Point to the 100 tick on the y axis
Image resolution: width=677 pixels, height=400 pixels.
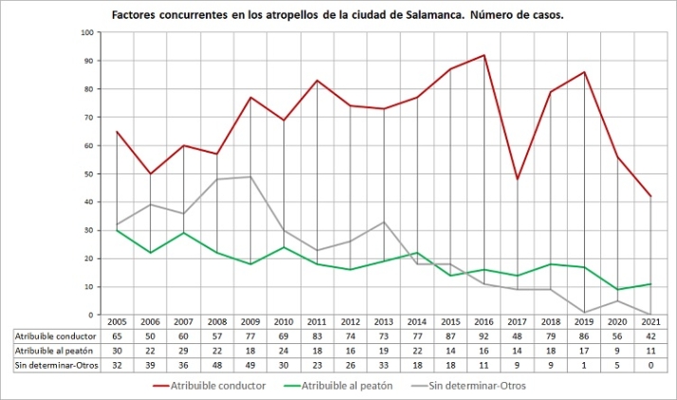[x=88, y=32]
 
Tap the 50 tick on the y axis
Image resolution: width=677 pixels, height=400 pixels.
[x=90, y=173]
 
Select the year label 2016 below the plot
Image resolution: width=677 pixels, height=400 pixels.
[x=484, y=323]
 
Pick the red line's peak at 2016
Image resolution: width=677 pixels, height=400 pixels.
[x=484, y=55]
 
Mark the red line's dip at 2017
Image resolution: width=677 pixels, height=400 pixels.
[x=518, y=179]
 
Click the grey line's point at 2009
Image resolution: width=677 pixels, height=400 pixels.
[x=250, y=176]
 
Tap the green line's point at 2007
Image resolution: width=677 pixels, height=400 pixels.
[x=183, y=233]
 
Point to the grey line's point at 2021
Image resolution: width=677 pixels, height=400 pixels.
[x=651, y=315]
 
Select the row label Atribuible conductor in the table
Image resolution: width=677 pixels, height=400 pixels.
[x=53, y=336]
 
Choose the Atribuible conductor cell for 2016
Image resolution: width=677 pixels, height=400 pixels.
[x=484, y=336]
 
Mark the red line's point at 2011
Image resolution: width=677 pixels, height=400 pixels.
[x=317, y=81]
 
